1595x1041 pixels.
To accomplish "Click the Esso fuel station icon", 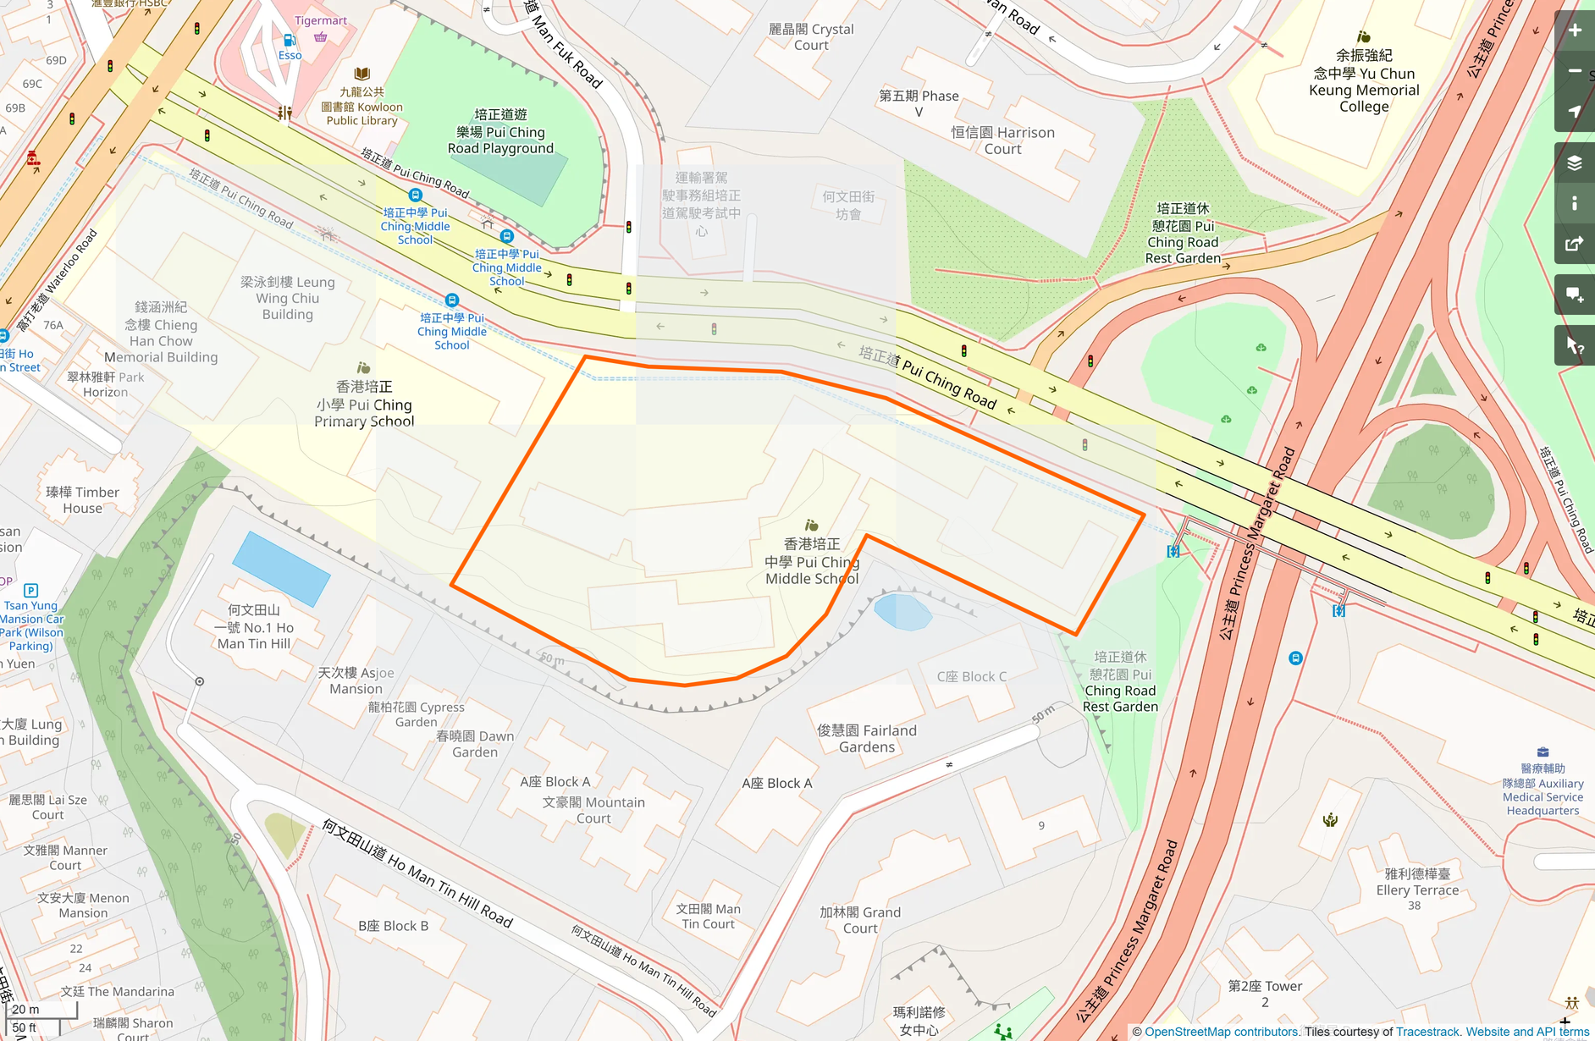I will tap(290, 40).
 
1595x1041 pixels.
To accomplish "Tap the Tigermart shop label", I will tap(320, 20).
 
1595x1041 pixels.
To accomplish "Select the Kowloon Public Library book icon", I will tap(362, 74).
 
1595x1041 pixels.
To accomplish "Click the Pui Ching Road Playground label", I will tap(500, 132).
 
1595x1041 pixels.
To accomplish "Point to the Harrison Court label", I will tap(1002, 140).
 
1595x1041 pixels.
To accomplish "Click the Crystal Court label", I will tap(811, 37).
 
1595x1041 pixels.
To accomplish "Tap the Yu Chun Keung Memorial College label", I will tap(1363, 81).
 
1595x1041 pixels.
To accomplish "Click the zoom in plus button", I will tap(1575, 30).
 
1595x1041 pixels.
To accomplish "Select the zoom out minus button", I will tap(1575, 71).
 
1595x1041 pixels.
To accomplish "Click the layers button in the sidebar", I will tap(1575, 162).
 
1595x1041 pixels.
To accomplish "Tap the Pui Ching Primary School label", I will tap(364, 405).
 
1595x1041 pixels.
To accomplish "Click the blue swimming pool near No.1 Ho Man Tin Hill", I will tap(281, 569).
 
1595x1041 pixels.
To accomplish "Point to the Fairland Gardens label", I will tap(867, 738).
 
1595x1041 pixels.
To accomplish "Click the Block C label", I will tap(971, 676).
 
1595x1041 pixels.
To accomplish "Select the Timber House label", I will tap(82, 500).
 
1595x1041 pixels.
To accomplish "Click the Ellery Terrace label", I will tap(1417, 882).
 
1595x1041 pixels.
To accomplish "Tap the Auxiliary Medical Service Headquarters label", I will tap(1543, 790).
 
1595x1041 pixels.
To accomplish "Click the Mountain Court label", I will tap(593, 810).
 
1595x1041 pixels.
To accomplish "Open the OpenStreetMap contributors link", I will tap(1221, 1032).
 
